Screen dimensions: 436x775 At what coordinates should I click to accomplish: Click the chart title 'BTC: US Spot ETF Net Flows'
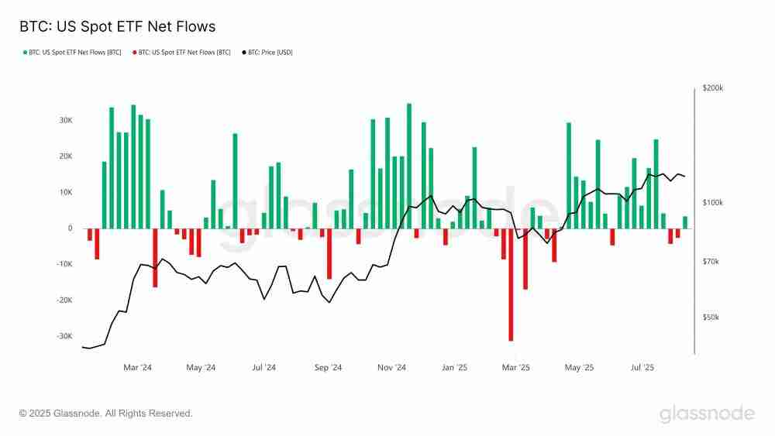(x=117, y=26)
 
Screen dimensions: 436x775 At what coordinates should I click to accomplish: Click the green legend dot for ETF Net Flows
(x=25, y=53)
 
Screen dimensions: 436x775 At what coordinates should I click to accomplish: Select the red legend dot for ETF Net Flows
(x=135, y=53)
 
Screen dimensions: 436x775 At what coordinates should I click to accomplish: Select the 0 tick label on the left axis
(x=70, y=228)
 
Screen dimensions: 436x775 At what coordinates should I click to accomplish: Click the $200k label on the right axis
(x=712, y=89)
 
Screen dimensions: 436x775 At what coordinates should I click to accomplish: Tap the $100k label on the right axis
(x=712, y=203)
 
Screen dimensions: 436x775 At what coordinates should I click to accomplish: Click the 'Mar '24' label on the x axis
(x=137, y=368)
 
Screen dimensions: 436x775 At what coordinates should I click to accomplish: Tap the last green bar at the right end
(x=685, y=222)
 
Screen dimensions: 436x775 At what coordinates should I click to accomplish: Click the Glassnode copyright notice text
(x=106, y=414)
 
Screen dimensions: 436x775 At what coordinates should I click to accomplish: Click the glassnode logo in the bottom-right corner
(x=707, y=414)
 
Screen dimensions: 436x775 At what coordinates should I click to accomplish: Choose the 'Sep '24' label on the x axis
(x=329, y=368)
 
